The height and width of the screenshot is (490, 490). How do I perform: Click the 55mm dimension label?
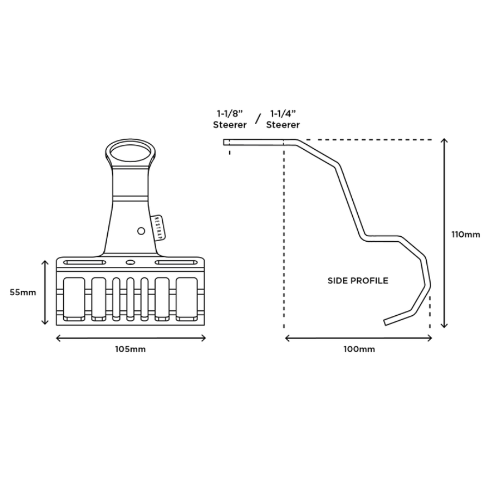(23, 292)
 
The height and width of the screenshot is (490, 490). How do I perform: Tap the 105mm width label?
(130, 349)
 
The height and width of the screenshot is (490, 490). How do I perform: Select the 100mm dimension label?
(359, 349)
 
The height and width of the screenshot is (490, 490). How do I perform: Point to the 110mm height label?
(465, 234)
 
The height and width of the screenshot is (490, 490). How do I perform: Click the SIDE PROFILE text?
(358, 280)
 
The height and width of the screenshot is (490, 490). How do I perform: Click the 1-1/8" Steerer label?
(230, 119)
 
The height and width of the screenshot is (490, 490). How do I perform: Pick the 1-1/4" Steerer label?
(283, 119)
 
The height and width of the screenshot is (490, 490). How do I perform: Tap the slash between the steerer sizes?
(258, 119)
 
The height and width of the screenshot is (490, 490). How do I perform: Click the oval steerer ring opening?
(130, 153)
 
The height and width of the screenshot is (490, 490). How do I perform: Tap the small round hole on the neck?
(141, 231)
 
